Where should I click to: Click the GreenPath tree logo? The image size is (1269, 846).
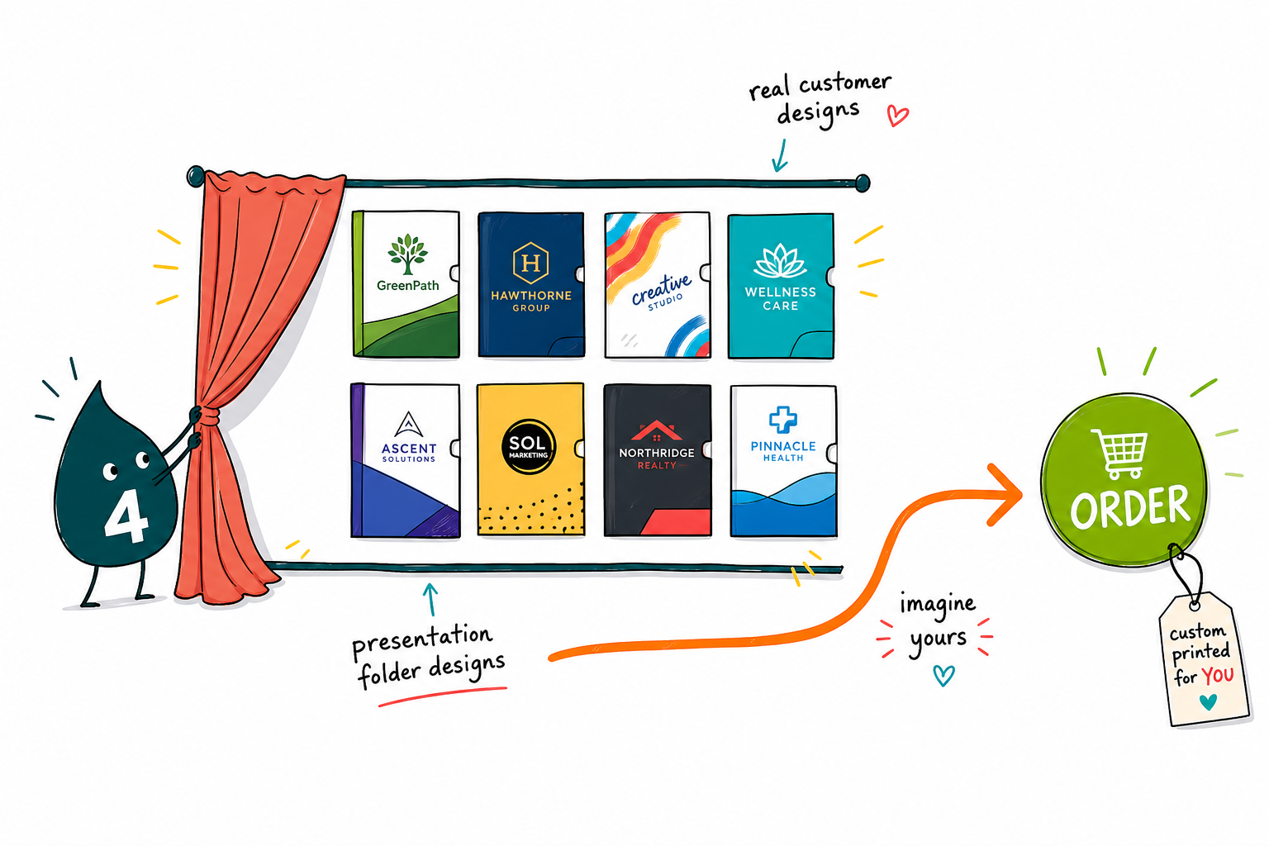tap(407, 254)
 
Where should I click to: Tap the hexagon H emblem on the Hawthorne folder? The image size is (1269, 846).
tap(530, 263)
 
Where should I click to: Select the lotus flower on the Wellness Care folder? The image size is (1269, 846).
tap(780, 261)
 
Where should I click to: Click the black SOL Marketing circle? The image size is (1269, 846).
tap(529, 446)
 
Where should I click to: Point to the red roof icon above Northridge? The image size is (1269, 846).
tap(656, 430)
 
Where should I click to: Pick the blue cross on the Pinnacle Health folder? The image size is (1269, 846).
tap(783, 420)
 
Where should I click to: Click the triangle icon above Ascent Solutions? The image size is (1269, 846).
tap(408, 425)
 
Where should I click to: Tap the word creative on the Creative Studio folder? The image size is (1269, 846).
tap(661, 290)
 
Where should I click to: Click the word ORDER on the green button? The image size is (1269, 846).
tap(1130, 506)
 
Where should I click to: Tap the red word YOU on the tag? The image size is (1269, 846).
tap(1218, 676)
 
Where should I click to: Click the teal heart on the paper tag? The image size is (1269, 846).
tap(1209, 702)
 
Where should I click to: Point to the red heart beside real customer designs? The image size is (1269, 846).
tap(897, 116)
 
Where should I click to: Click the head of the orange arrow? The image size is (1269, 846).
tap(1007, 495)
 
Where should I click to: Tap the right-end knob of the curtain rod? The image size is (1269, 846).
tap(863, 183)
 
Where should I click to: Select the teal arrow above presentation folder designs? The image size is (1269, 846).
tap(431, 600)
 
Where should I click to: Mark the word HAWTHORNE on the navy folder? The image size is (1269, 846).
tap(531, 296)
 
